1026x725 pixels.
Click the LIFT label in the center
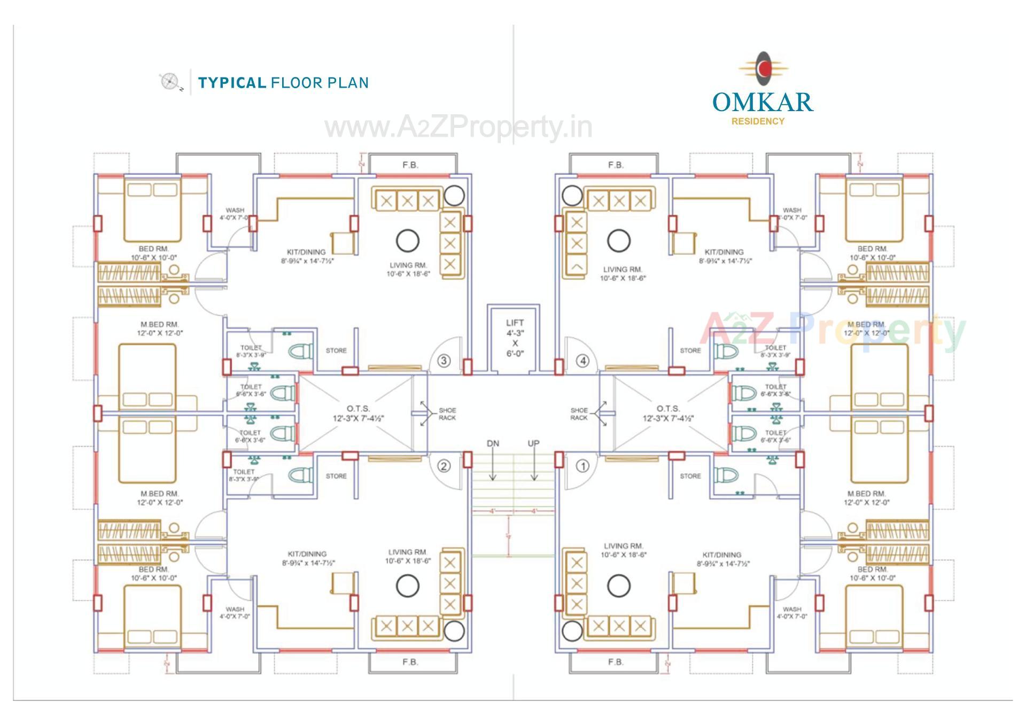coord(515,323)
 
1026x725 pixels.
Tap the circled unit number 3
coord(444,361)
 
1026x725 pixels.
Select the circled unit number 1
coord(582,466)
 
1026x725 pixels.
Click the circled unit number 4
coord(582,361)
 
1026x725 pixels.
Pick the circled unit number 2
coord(444,466)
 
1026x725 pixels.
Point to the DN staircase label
coord(493,443)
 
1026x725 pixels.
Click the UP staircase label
coord(533,443)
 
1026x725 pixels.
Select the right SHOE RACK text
coord(579,414)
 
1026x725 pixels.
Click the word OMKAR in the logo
coord(763,102)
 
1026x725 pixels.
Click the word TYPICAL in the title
coord(232,83)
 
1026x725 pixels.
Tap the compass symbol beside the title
coord(169,82)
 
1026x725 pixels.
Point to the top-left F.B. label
coord(410,165)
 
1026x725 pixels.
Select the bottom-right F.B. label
coord(616,662)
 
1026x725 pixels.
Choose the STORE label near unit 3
coord(336,350)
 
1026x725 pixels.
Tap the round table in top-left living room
coord(407,240)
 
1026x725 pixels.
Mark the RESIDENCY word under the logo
coord(758,121)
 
